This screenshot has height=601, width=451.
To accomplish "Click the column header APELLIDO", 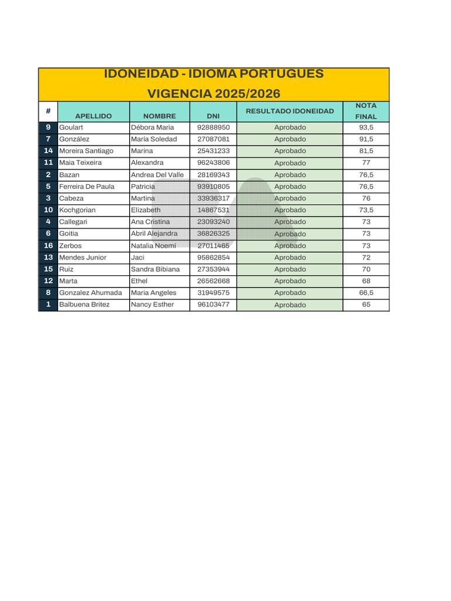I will [93, 116].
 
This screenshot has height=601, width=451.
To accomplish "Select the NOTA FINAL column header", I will [366, 111].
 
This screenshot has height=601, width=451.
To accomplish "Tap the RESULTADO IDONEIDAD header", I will [290, 111].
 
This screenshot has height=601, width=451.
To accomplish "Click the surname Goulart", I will [71, 127].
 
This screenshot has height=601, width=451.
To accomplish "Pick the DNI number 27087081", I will [213, 139].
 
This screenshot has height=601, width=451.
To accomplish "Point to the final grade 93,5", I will [366, 127].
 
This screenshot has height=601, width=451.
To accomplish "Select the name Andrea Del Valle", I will [157, 175].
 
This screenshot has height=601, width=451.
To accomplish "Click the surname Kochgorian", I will [77, 210].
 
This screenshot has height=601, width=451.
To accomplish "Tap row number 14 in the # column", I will [48, 151].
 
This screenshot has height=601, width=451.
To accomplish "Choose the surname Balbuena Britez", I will [84, 305].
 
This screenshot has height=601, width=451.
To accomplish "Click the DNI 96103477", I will [213, 305].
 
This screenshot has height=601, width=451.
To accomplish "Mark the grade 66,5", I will [366, 293].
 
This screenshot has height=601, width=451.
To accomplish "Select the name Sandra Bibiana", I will [155, 269].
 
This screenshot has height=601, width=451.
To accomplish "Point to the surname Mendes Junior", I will [83, 258].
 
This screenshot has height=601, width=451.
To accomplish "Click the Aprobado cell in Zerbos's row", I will [290, 246].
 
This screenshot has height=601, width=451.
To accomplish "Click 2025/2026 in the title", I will [247, 94].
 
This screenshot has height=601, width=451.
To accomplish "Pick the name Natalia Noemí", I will [153, 246].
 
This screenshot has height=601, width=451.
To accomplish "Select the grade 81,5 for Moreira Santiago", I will [366, 151].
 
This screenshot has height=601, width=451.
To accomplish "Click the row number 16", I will [48, 246].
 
